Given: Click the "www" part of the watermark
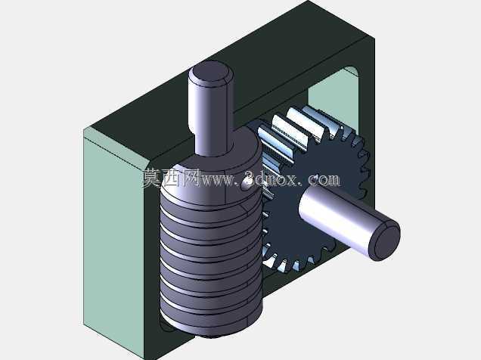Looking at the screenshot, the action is (218, 180).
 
